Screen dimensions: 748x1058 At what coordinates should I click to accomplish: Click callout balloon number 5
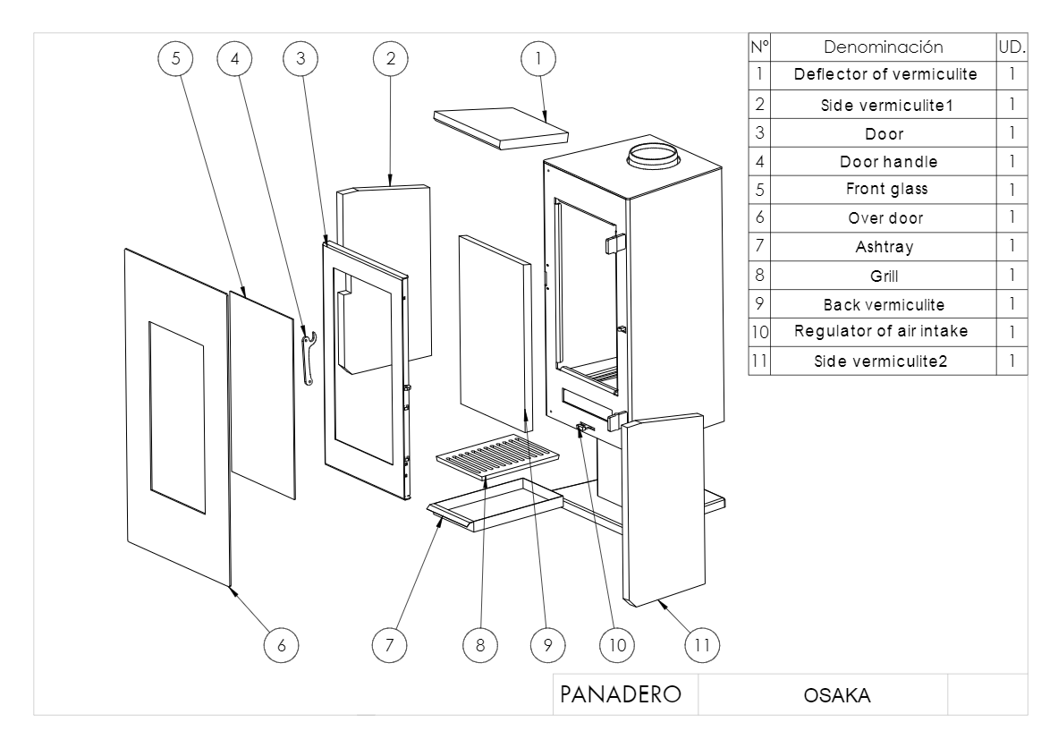point(175,58)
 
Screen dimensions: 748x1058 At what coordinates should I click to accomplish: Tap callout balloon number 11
point(701,642)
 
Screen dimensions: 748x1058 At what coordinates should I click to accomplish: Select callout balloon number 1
point(537,58)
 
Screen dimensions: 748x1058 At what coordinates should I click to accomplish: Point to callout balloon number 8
point(480,642)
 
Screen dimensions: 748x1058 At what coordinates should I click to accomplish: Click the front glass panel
point(262,394)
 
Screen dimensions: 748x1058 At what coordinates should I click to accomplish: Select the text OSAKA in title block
point(822,696)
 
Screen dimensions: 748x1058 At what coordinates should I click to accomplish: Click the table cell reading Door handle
point(881,162)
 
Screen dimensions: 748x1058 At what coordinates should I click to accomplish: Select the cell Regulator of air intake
point(881,332)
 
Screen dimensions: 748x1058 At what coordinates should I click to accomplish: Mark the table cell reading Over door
point(881,217)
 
